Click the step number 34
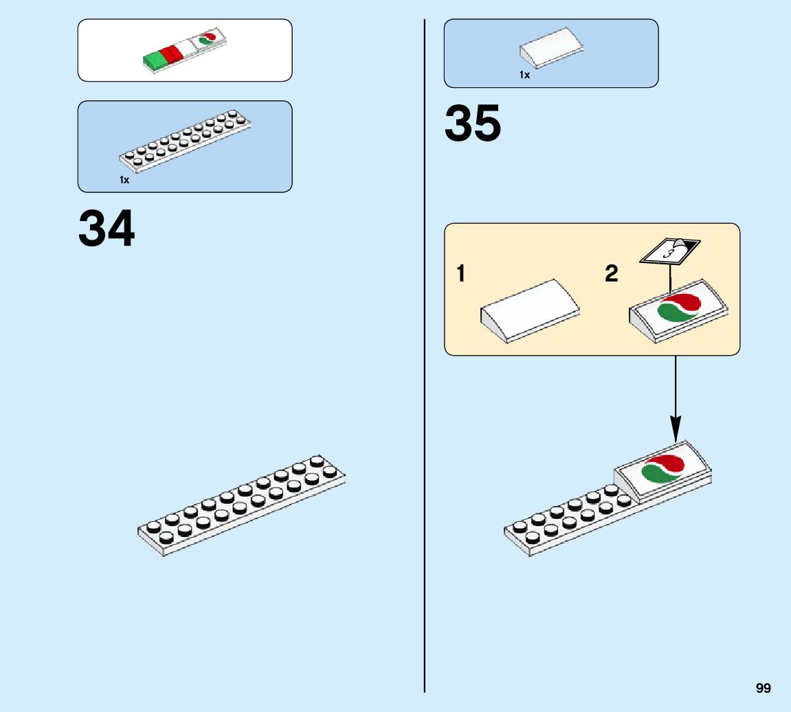click(107, 229)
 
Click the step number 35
click(473, 124)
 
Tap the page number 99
click(763, 689)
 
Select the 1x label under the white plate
click(124, 180)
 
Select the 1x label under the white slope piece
click(524, 75)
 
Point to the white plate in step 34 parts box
click(185, 141)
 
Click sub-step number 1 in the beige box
click(460, 275)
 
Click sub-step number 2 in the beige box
click(612, 275)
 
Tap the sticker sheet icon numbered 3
click(669, 250)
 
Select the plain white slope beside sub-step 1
click(529, 310)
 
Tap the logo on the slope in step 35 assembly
click(663, 469)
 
